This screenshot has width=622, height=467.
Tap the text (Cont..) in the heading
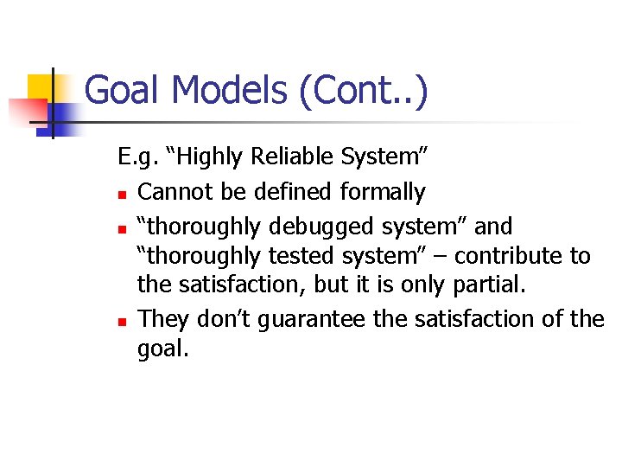(x=362, y=91)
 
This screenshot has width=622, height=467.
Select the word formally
(x=383, y=192)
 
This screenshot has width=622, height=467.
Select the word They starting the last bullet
(x=164, y=319)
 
